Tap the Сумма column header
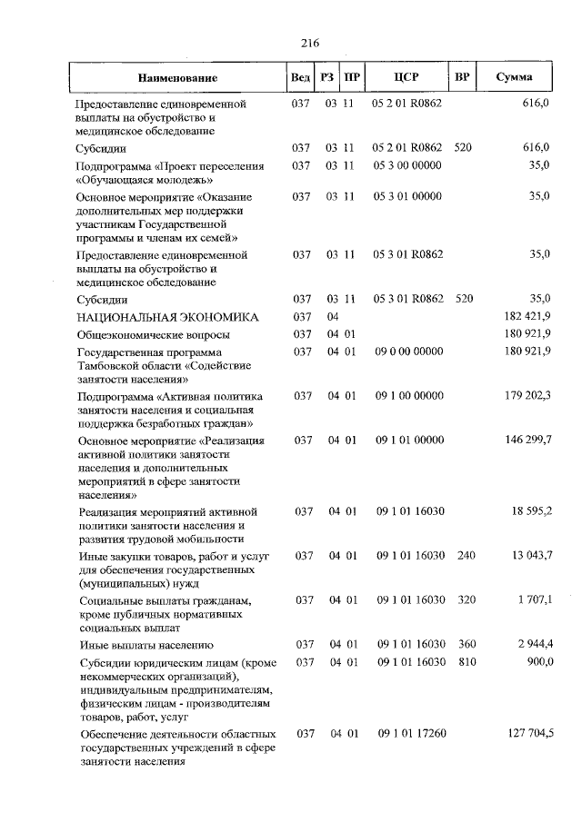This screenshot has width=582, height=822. pyautogui.click(x=515, y=77)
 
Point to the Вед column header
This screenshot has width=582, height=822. pyautogui.click(x=300, y=77)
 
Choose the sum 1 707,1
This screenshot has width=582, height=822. pyautogui.click(x=531, y=599)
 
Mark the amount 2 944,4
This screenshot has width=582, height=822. pyautogui.click(x=531, y=644)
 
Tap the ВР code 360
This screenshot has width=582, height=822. pyautogui.click(x=467, y=644)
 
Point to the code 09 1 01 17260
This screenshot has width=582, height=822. pyautogui.click(x=410, y=733)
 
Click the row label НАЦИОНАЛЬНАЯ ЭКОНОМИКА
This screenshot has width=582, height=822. pyautogui.click(x=167, y=317)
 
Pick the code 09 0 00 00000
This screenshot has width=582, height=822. pyautogui.click(x=410, y=352)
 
